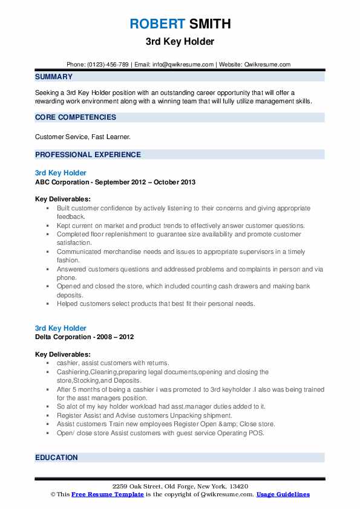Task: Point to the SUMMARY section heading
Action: [x=54, y=77]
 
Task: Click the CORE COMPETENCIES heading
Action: [x=76, y=117]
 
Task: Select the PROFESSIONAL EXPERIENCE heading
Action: [x=88, y=155]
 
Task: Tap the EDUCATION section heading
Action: [x=56, y=458]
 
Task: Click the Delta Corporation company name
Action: [x=66, y=337]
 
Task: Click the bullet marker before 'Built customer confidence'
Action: [x=47, y=208]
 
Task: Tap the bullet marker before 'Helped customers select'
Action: [x=47, y=303]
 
